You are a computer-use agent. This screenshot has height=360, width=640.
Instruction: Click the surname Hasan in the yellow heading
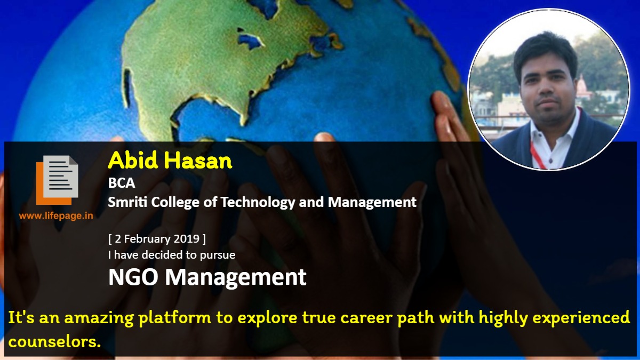(198, 161)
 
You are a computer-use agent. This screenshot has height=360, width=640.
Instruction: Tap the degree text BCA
(122, 183)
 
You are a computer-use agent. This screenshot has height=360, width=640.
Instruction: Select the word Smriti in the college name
(127, 202)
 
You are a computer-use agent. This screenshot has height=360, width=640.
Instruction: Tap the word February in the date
(147, 239)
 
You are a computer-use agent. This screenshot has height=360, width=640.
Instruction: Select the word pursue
(218, 255)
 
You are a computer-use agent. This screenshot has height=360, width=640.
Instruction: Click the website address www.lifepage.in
(56, 215)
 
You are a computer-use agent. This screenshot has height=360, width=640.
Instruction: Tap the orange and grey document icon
(57, 180)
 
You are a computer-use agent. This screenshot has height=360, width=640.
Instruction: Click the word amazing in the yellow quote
(99, 318)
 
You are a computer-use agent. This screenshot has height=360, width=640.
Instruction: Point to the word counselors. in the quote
(54, 341)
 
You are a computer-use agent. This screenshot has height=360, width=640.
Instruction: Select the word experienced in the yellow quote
(581, 318)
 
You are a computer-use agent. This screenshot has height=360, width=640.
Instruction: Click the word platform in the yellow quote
(175, 318)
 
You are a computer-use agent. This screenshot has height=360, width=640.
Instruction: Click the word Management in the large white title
(236, 278)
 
